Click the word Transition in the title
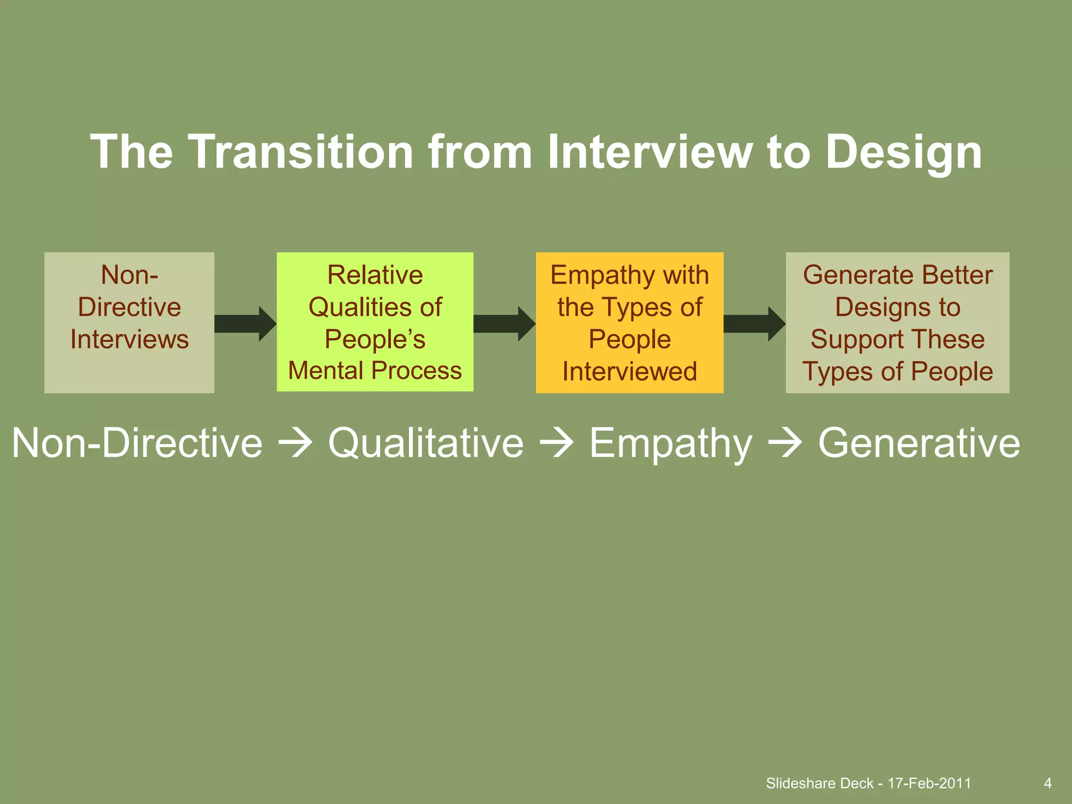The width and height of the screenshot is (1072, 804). coord(300,152)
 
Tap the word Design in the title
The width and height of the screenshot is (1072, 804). coord(903,153)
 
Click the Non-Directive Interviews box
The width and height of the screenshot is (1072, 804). coord(129,322)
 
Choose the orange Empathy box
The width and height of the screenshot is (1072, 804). coord(629,322)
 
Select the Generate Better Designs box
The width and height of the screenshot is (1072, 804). coord(897,322)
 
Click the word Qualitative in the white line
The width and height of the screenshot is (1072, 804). coord(426,443)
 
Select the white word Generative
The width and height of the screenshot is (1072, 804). coord(919,443)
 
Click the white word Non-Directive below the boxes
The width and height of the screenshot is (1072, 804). coord(137,443)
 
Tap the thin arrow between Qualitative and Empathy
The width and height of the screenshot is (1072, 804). coord(556,443)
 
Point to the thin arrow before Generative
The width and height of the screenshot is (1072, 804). coord(785,443)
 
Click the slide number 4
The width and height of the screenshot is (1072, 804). coord(1047,783)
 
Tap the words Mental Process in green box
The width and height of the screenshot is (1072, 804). coord(375,371)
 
